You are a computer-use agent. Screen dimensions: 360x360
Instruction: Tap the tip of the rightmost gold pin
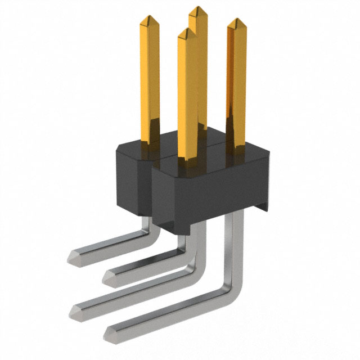237,23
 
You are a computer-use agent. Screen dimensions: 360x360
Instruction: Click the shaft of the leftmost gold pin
149,79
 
